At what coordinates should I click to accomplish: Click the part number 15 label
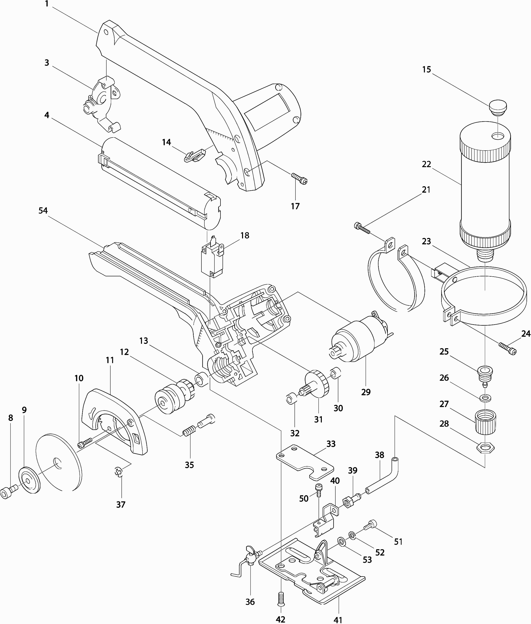[427, 70]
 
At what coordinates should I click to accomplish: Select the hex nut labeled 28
[485, 448]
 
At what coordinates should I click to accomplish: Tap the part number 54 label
[43, 211]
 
